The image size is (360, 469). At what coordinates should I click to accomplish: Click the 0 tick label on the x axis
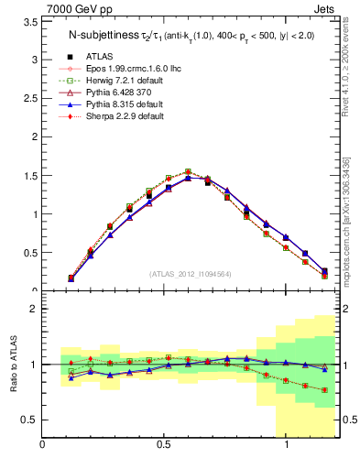pyautogui.click(x=42, y=445)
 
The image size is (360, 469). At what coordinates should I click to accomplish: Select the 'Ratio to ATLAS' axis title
pyautogui.click(x=12, y=365)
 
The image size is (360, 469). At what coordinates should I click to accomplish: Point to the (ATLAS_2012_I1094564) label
pyautogui.click(x=191, y=273)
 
